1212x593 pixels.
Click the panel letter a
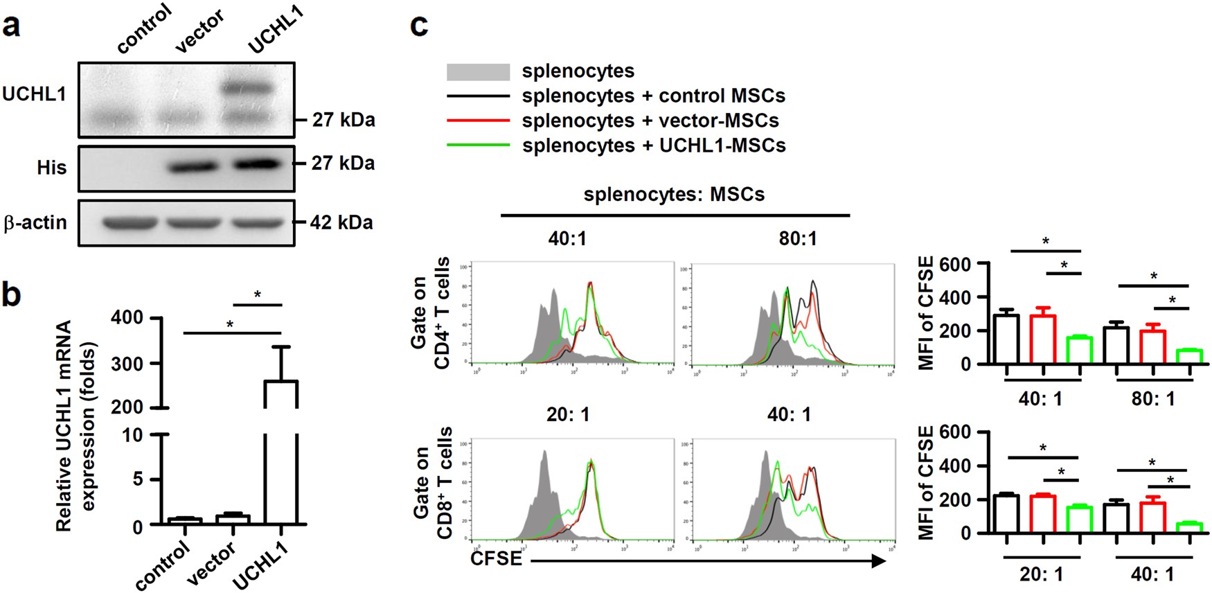12,26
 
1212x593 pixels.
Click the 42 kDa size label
341,222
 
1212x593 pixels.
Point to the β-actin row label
36,222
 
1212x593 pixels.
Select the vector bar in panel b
233,519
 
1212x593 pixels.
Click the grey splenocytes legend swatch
478,71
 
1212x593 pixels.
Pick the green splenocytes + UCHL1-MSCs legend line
478,145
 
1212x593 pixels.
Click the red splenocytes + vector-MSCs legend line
478,121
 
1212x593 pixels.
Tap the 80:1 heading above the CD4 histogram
797,239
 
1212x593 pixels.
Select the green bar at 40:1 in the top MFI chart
1079,350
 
